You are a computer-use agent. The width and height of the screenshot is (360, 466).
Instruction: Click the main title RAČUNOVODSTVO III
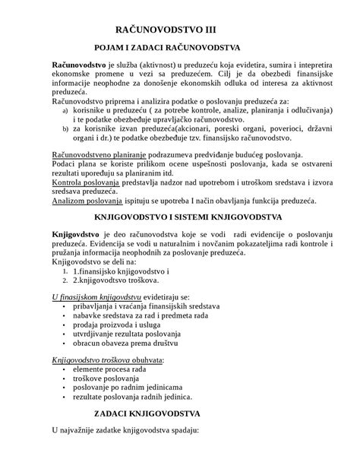click(179, 28)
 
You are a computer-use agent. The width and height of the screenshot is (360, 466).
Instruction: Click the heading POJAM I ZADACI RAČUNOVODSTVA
click(180, 47)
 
